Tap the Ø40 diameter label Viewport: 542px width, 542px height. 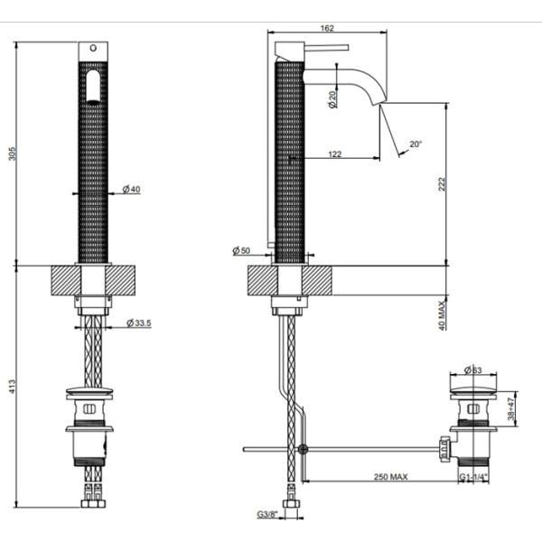[131, 190]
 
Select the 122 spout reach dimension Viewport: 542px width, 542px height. [334, 154]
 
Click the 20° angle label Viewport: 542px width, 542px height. [415, 144]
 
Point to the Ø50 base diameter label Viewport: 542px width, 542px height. [241, 250]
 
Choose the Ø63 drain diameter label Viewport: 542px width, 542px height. [474, 369]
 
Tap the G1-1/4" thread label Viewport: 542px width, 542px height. [474, 480]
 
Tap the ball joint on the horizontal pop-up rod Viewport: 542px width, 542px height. [304, 449]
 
